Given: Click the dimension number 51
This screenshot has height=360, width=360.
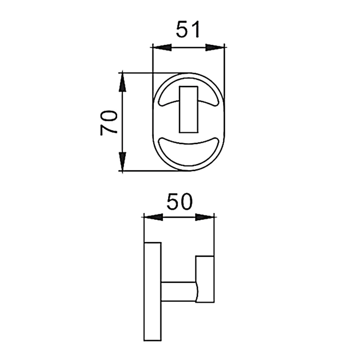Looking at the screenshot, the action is pyautogui.click(x=188, y=29).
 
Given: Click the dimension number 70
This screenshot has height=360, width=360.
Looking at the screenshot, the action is pyautogui.click(x=109, y=123).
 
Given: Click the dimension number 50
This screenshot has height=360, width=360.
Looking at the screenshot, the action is pyautogui.click(x=179, y=202).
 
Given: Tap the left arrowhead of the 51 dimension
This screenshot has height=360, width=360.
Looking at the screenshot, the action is pyautogui.click(x=162, y=47).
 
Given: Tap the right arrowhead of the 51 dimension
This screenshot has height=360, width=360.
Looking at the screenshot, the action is pyautogui.click(x=215, y=47).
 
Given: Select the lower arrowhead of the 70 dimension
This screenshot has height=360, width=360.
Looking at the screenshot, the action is pyautogui.click(x=122, y=161).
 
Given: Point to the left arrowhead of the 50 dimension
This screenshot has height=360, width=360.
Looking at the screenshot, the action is pyautogui.click(x=153, y=217).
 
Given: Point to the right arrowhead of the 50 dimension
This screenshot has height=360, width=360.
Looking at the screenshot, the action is pyautogui.click(x=204, y=217).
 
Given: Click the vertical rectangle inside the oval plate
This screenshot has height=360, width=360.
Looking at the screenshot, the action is pyautogui.click(x=189, y=109).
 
